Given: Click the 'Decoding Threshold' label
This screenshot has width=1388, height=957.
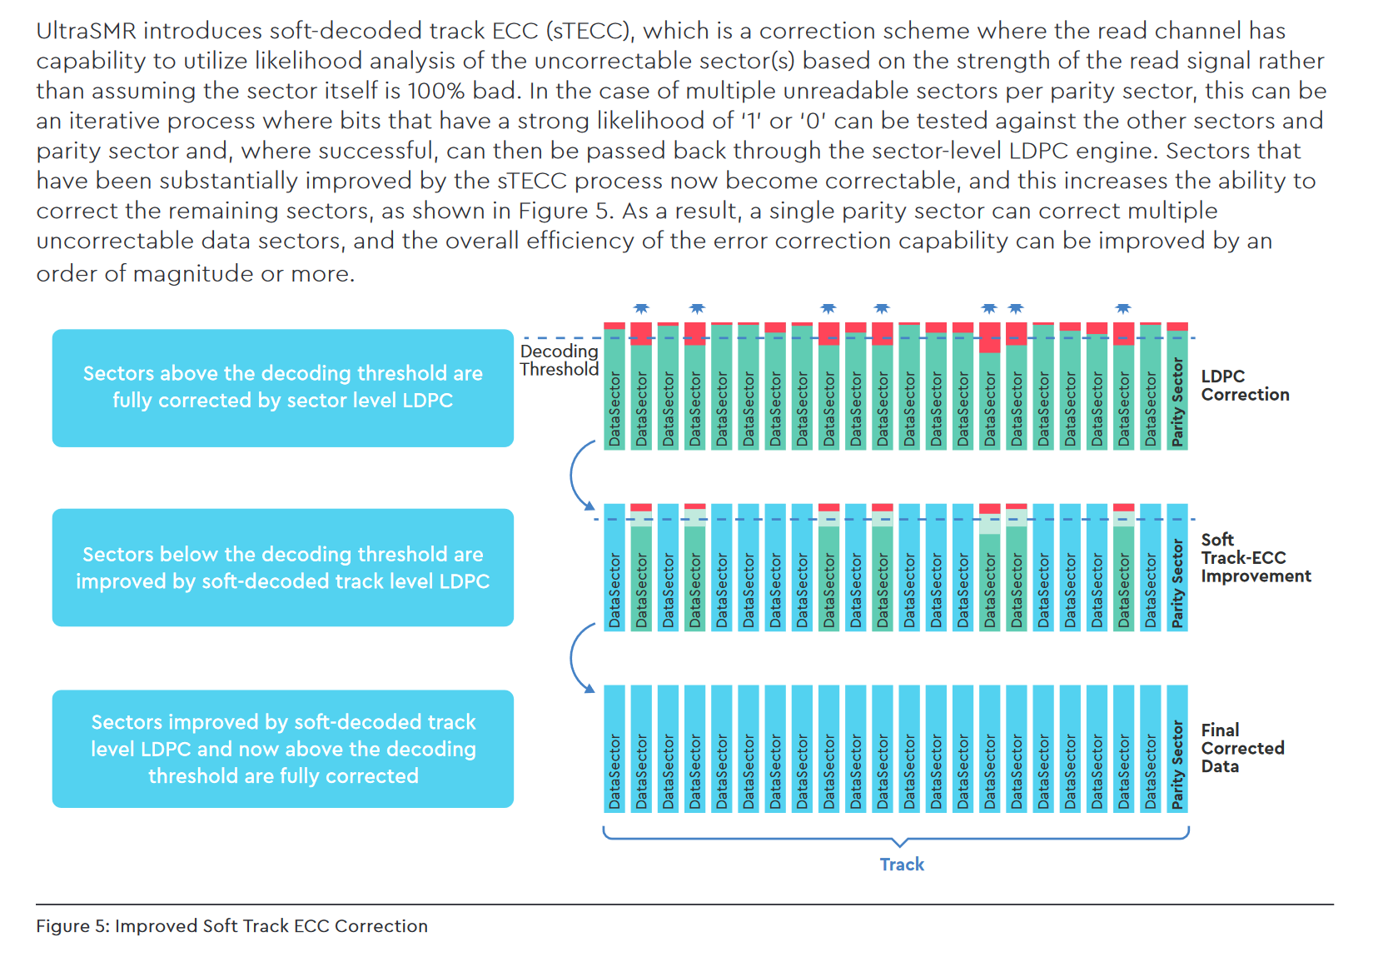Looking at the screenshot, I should pyautogui.click(x=559, y=361).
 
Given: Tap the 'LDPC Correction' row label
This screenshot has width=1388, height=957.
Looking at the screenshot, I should pyautogui.click(x=1244, y=386).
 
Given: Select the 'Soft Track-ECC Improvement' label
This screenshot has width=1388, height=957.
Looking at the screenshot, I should pyautogui.click(x=1255, y=558).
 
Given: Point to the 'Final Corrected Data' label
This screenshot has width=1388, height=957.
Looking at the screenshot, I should pyautogui.click(x=1241, y=748).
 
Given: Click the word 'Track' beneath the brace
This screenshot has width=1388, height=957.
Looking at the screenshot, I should pyautogui.click(x=902, y=865).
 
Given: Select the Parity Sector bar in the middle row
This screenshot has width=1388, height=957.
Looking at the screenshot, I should pyautogui.click(x=1177, y=568).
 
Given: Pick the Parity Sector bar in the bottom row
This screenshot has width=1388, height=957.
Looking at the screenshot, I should pyautogui.click(x=1177, y=749).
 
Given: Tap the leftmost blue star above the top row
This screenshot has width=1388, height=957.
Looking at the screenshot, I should pyautogui.click(x=641, y=309).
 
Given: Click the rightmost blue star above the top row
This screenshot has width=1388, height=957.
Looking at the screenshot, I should pyautogui.click(x=1123, y=309).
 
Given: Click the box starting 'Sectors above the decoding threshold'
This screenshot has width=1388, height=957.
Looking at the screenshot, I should pyautogui.click(x=282, y=388).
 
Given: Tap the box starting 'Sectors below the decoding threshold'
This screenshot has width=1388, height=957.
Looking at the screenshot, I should pyautogui.click(x=282, y=568).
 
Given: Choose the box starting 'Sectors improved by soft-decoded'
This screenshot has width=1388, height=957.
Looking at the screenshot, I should pyautogui.click(x=282, y=749).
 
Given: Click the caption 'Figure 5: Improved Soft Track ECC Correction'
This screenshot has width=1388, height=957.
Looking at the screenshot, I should pyautogui.click(x=231, y=926).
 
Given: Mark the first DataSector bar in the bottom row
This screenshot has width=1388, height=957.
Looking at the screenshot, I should pyautogui.click(x=614, y=749).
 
